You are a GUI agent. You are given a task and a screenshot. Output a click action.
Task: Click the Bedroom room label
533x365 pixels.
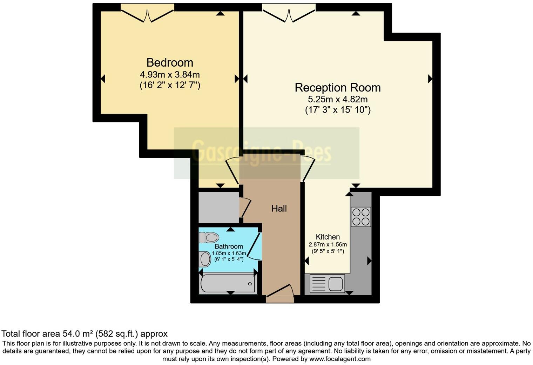point(170,62)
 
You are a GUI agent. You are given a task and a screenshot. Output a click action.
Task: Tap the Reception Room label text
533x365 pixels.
point(337,88)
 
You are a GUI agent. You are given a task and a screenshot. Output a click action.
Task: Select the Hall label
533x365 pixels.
point(279,209)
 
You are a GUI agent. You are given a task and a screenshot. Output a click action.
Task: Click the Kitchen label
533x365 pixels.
point(328,237)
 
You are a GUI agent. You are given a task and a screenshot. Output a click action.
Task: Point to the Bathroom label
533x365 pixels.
point(229,246)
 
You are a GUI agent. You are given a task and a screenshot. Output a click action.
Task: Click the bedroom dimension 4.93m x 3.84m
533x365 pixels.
point(170,74)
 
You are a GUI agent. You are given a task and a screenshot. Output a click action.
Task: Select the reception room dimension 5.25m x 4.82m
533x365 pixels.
point(337,99)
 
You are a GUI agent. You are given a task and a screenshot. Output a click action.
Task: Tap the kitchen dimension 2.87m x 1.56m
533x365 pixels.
point(328,244)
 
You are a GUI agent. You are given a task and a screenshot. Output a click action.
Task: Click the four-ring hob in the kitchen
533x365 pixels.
point(361,217)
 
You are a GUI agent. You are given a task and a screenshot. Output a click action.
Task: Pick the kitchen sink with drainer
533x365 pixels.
point(327,283)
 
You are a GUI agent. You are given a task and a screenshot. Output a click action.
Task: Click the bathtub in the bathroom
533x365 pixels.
point(228,284)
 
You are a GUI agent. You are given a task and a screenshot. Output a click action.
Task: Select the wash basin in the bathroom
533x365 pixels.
point(205,260)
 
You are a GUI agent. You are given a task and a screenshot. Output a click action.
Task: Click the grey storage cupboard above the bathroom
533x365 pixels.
point(218,207)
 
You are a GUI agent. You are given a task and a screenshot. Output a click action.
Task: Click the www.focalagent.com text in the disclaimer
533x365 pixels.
point(340,359)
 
